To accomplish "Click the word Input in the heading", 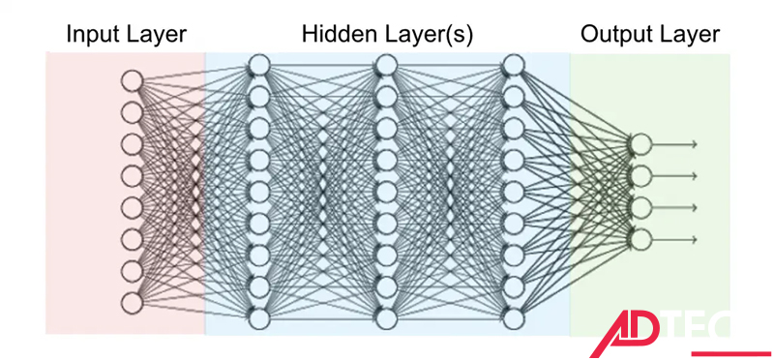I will (92, 36).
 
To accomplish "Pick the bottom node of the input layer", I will (132, 302).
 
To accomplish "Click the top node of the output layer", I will (640, 145).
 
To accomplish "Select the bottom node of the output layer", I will (640, 238).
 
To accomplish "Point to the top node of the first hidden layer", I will (258, 64).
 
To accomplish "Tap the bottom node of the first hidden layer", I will (258, 318).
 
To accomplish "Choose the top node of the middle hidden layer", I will (386, 64).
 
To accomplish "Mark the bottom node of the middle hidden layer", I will (386, 318).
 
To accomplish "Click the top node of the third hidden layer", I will (513, 64).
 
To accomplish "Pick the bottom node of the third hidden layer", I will (513, 318).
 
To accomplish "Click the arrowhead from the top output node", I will (693, 145).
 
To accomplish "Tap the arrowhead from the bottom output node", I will (693, 238).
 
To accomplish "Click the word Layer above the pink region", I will (157, 36).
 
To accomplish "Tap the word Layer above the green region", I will (690, 36).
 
